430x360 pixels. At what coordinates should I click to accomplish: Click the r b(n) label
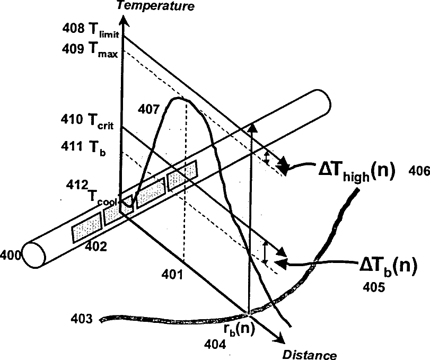[x=239, y=328]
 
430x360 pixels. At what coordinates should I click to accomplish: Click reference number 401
[x=172, y=275]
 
